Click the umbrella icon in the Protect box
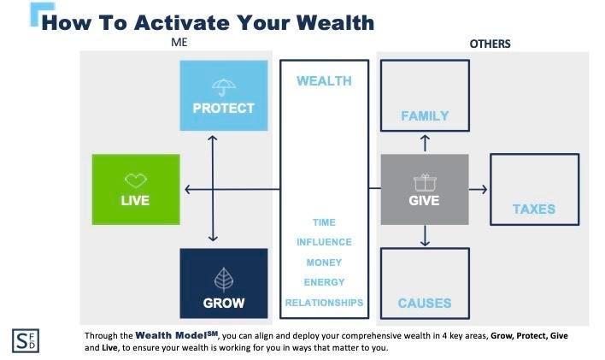pos(224,86)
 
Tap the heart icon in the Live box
pos(136,180)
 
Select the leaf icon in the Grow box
pos(224,279)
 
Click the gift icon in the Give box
pos(425,181)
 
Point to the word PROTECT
pos(224,109)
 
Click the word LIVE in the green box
pos(136,201)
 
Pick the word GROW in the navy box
pos(224,303)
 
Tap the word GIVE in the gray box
pos(425,201)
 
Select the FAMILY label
pos(425,116)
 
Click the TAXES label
pos(534,209)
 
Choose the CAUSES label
pos(425,303)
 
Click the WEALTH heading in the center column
pos(324,81)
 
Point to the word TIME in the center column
pos(324,222)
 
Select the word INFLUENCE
pos(324,242)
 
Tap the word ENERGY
pos(324,282)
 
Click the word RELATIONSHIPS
pos(324,303)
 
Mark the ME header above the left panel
pos(178,42)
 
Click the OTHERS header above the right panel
pos(490,44)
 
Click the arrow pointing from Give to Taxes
pos(479,189)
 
